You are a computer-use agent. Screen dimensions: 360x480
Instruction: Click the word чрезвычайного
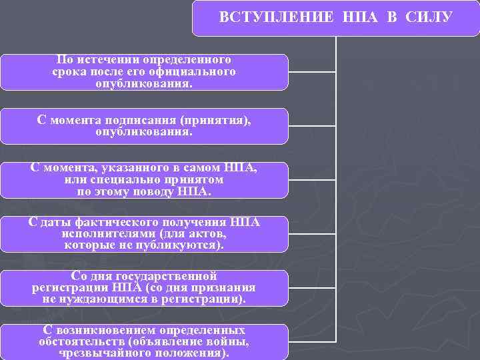(x=96, y=353)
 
